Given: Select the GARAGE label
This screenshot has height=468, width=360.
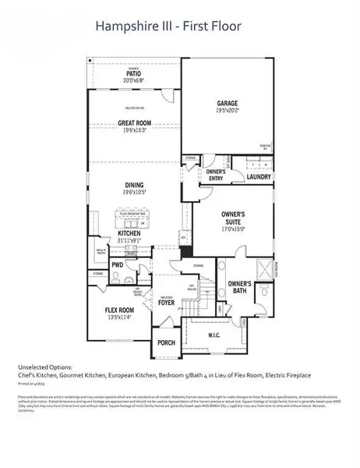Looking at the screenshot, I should (228, 103).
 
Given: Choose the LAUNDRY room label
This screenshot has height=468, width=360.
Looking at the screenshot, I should (258, 176).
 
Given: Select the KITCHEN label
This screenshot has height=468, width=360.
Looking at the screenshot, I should (129, 232).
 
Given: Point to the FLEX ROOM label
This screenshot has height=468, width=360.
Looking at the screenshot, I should (122, 310).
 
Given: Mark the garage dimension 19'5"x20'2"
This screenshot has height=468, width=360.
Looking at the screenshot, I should (228, 112).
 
